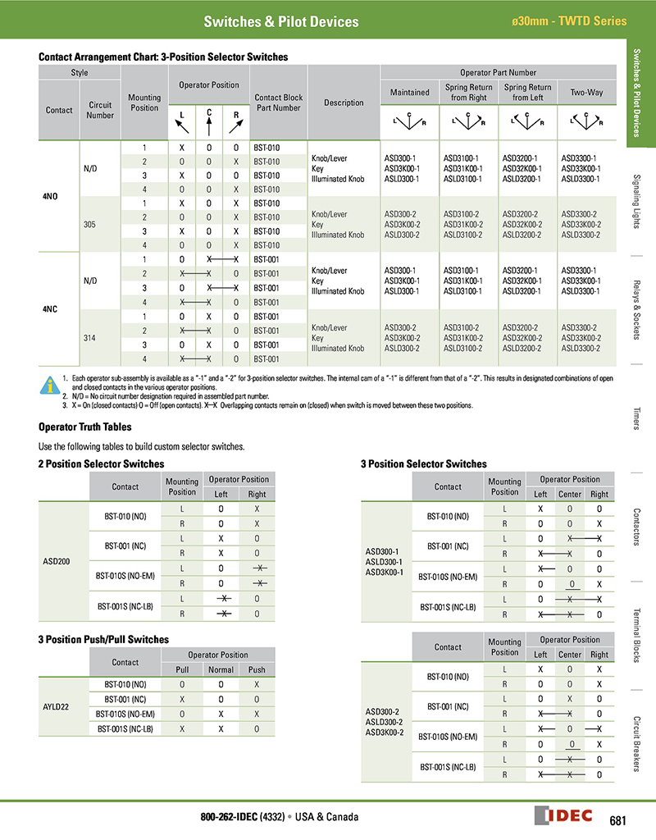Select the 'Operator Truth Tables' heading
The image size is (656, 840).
84,427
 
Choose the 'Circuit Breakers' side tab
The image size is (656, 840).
641,743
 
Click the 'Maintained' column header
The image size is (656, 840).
409,93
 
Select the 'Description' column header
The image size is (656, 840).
344,103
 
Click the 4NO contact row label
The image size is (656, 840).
50,196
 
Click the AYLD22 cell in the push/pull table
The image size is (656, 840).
57,705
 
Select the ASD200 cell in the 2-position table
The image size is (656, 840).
57,562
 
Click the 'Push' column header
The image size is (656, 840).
257,669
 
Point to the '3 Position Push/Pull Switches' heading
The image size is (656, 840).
103,639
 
